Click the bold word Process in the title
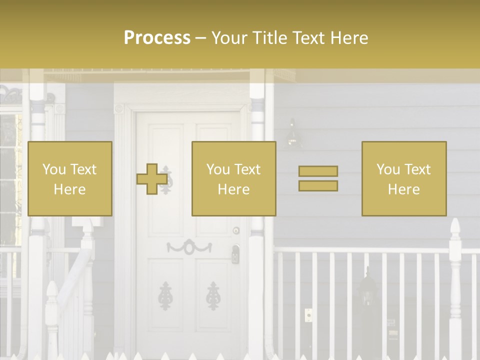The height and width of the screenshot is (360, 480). pos(157,38)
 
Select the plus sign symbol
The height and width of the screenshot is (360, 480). pos(152,179)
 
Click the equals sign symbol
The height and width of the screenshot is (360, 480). pos(318,178)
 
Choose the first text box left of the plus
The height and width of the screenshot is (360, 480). pos(70,179)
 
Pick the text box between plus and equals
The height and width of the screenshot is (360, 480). pos(234,179)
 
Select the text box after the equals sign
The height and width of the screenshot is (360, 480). pos(404,179)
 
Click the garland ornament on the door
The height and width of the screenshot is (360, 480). pos(189,246)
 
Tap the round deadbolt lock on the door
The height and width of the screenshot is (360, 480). pos(236,230)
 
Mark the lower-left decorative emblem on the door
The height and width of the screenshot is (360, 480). pos(165,295)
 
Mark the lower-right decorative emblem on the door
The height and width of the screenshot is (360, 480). pos(213,295)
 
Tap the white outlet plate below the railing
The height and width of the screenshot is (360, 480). pos(308,315)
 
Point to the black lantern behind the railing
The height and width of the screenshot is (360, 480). pos(367,292)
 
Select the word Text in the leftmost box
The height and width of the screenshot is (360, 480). pos(83,169)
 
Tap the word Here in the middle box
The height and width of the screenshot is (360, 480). pos(234,189)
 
